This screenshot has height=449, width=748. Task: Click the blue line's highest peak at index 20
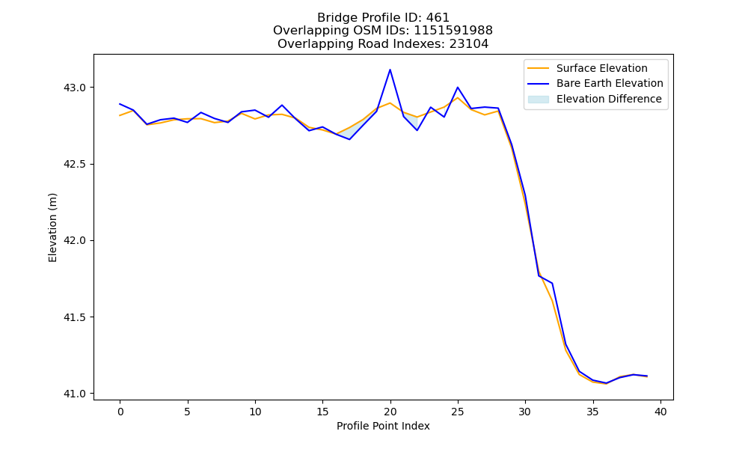390,70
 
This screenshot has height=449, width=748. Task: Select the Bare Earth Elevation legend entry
595,84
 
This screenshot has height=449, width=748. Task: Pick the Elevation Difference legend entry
595,99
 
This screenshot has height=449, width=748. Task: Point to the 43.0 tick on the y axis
74,88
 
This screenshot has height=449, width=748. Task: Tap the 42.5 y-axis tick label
74,164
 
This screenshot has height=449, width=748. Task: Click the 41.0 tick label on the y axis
74,394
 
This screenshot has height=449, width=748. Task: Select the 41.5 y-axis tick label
74,317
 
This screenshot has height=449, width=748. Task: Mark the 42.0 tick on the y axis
74,240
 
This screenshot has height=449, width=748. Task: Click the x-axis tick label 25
458,412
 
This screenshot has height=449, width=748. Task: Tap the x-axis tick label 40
660,412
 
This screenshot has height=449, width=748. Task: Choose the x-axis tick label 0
120,412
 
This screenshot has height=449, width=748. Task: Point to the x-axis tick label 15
322,412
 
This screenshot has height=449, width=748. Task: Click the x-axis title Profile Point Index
383,426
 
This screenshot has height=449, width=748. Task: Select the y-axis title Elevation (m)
52,227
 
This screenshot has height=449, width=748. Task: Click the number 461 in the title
438,18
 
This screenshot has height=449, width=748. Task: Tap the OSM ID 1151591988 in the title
453,31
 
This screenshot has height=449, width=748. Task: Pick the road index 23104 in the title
469,44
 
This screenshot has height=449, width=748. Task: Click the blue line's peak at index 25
458,88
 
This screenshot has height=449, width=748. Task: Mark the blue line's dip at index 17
349,139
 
